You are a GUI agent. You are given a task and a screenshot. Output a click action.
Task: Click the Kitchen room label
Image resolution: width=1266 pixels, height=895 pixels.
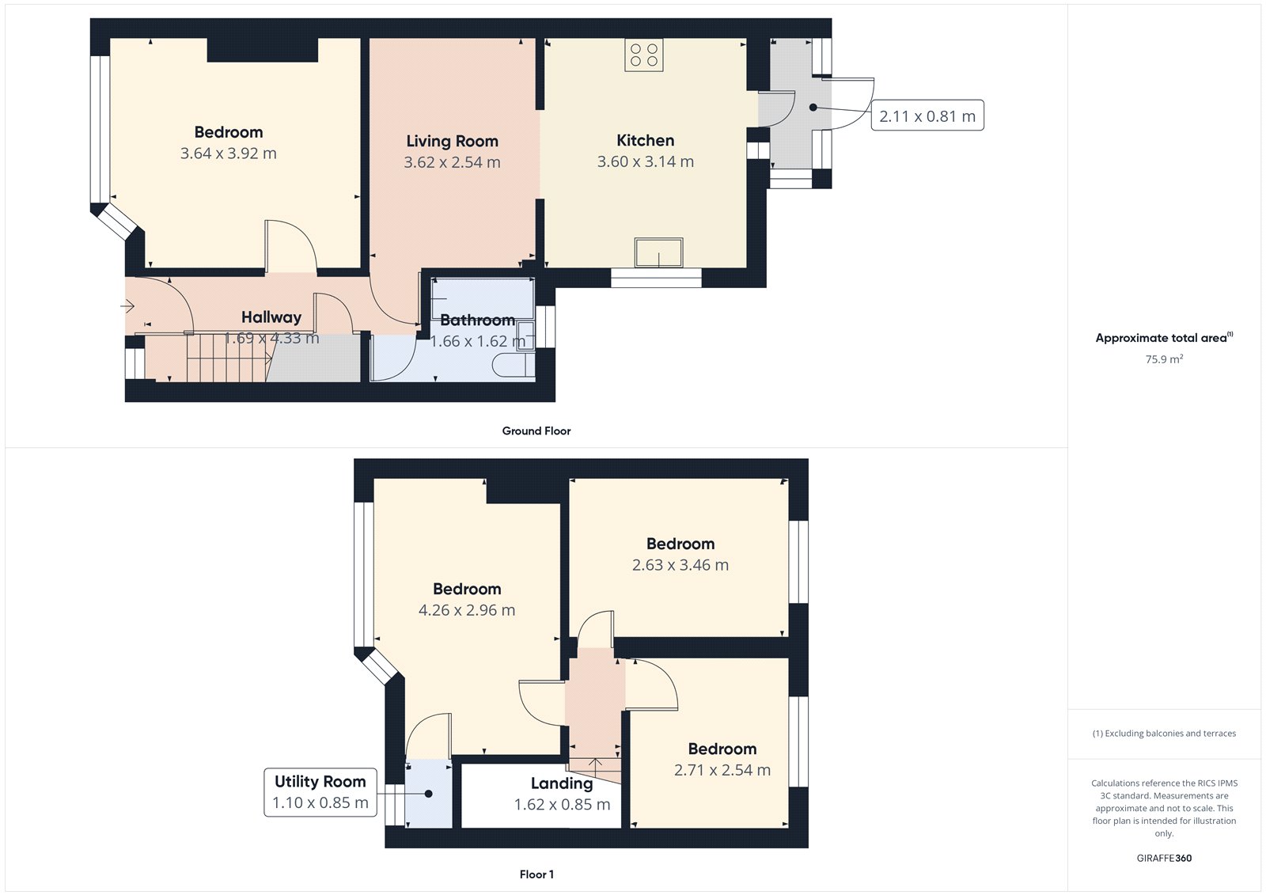coord(645,141)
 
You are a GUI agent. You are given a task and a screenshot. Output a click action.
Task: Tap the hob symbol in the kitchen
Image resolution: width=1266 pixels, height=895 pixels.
coord(643,55)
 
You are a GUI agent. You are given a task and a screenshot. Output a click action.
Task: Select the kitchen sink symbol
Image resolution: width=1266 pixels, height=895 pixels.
coord(658,253)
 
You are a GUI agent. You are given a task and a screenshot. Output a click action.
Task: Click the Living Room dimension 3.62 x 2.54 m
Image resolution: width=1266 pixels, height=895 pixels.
coord(452,162)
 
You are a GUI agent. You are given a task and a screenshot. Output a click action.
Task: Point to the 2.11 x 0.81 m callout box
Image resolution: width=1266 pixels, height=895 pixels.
coord(927,116)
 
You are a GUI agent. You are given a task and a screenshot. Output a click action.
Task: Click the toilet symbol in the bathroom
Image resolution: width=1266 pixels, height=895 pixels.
coord(514,365)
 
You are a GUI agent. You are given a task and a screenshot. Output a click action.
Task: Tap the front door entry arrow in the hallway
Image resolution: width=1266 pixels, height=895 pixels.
coord(128,305)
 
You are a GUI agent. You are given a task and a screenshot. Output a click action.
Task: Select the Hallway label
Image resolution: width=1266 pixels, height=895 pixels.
coord(271,317)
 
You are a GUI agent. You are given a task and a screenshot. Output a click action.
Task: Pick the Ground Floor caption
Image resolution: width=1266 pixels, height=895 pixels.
coord(536,431)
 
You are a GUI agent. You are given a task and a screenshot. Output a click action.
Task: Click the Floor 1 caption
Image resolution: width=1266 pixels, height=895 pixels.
coord(536,874)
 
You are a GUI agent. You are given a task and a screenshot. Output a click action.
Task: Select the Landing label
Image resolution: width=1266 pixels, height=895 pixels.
coord(561,783)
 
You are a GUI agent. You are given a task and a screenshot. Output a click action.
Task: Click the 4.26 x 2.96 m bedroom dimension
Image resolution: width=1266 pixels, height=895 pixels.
coord(466,610)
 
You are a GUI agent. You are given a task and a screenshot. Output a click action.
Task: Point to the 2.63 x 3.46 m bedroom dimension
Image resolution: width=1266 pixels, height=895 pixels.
coord(680,565)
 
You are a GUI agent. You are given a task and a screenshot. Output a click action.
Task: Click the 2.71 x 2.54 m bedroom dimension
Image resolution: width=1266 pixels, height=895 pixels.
coord(722,770)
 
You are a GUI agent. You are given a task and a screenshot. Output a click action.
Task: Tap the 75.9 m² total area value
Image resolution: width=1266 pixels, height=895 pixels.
coord(1164,359)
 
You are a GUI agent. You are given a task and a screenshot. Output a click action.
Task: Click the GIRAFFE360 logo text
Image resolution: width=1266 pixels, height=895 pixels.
coord(1164,858)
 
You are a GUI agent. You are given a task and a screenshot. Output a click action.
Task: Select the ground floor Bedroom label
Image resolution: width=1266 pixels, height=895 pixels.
coord(228,132)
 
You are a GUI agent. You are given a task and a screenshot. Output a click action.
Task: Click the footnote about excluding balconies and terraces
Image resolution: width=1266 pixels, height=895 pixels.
coord(1164,734)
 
